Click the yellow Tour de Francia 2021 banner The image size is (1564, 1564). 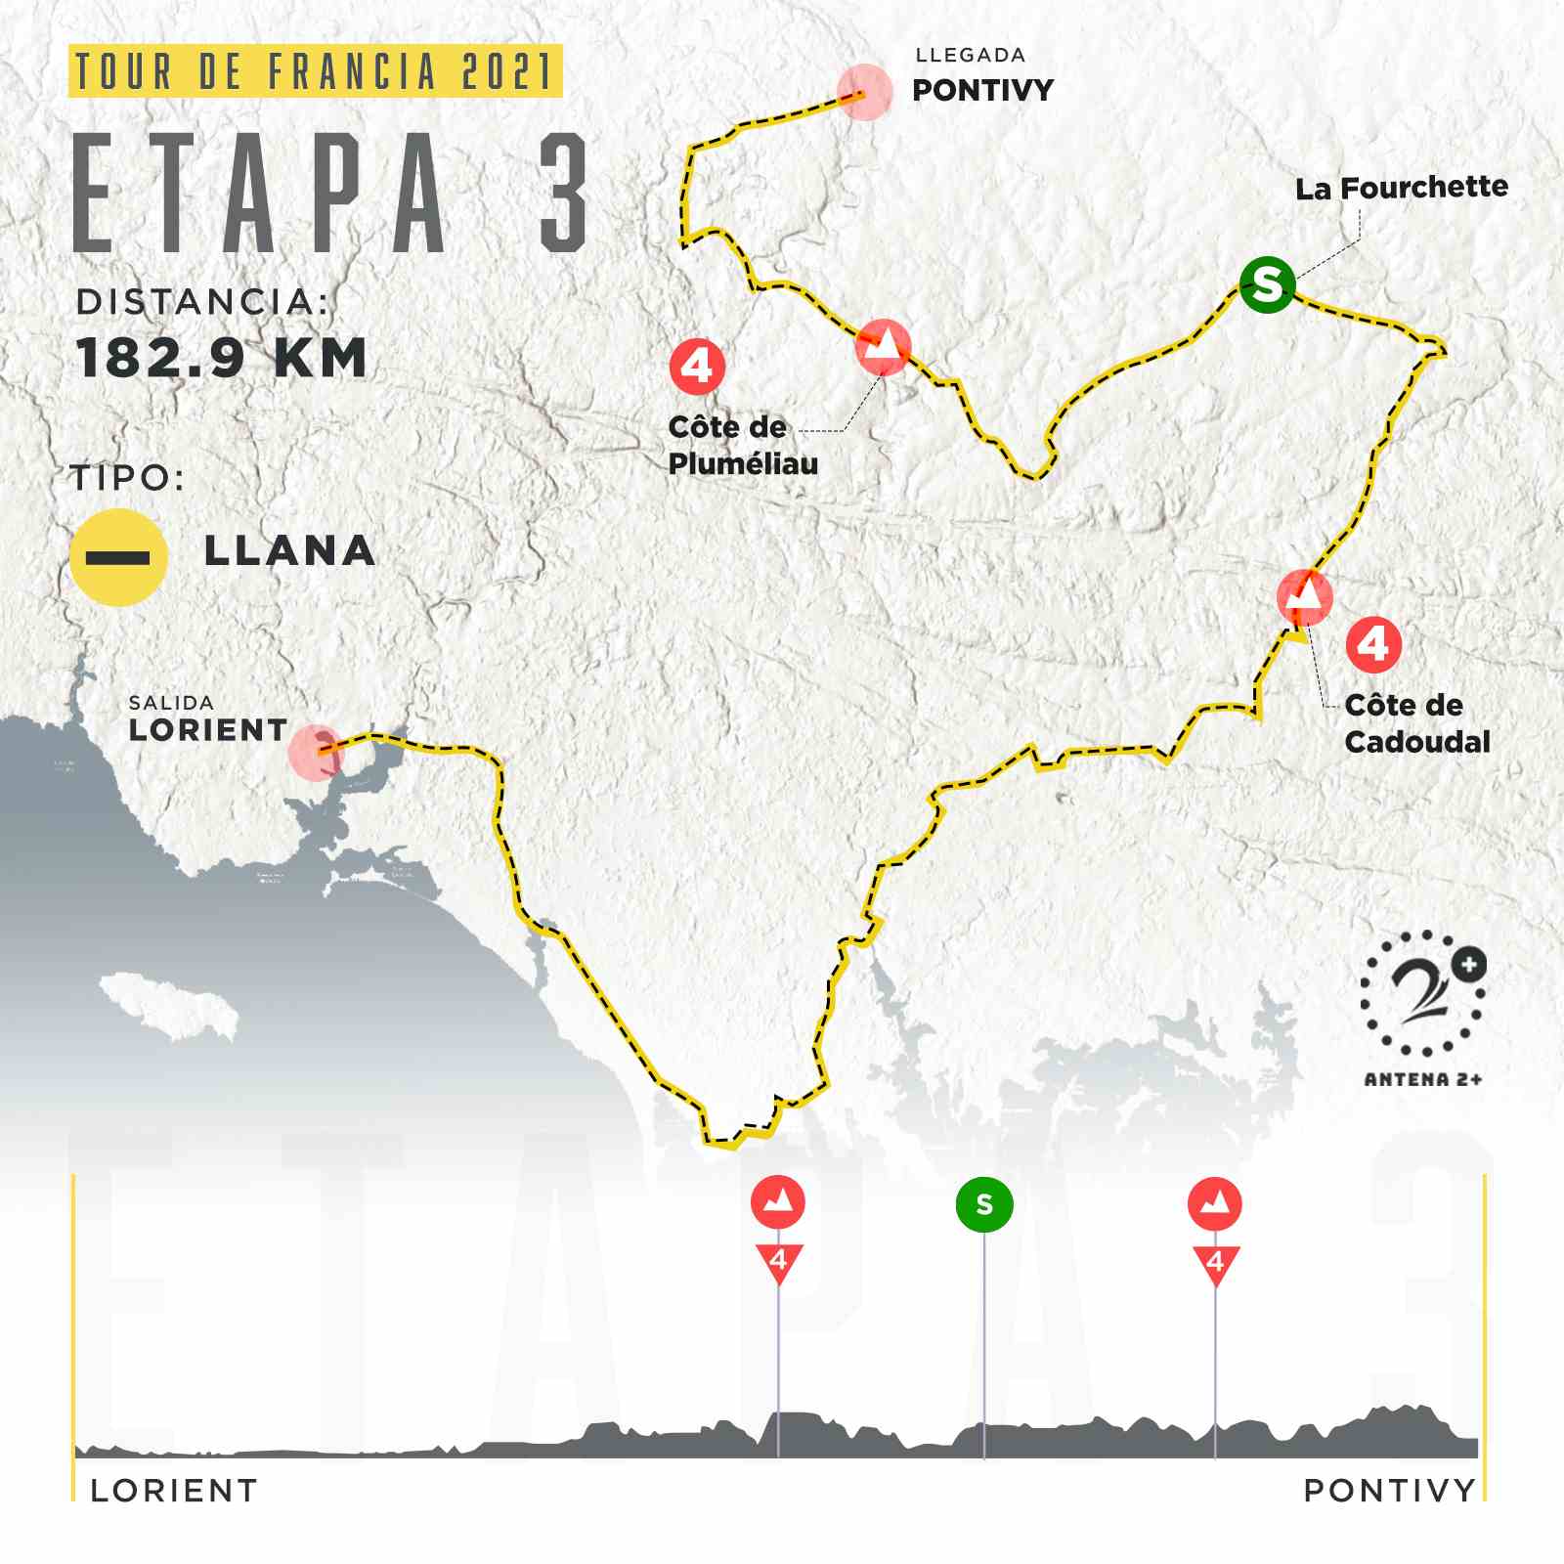315,71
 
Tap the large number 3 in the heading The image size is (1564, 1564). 565,194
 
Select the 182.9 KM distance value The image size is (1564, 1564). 222,358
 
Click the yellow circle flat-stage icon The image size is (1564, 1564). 118,557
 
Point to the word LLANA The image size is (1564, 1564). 289,551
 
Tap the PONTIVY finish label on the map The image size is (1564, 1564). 982,90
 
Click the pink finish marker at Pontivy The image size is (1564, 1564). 864,92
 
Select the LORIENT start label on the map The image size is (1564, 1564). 208,729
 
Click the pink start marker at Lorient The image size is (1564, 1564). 317,753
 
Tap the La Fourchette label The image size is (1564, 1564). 1401,187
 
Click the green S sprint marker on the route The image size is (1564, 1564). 1267,284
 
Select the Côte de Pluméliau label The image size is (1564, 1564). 741,445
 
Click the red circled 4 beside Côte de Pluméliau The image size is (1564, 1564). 697,367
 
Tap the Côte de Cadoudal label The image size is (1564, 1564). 1416,723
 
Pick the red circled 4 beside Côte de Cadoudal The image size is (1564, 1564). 1373,644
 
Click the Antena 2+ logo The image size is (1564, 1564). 1424,1007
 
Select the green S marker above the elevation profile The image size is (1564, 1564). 983,1204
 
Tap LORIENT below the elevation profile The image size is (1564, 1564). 174,1491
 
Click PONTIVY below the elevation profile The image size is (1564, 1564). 1388,1491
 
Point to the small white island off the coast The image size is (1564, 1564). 169,1005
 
